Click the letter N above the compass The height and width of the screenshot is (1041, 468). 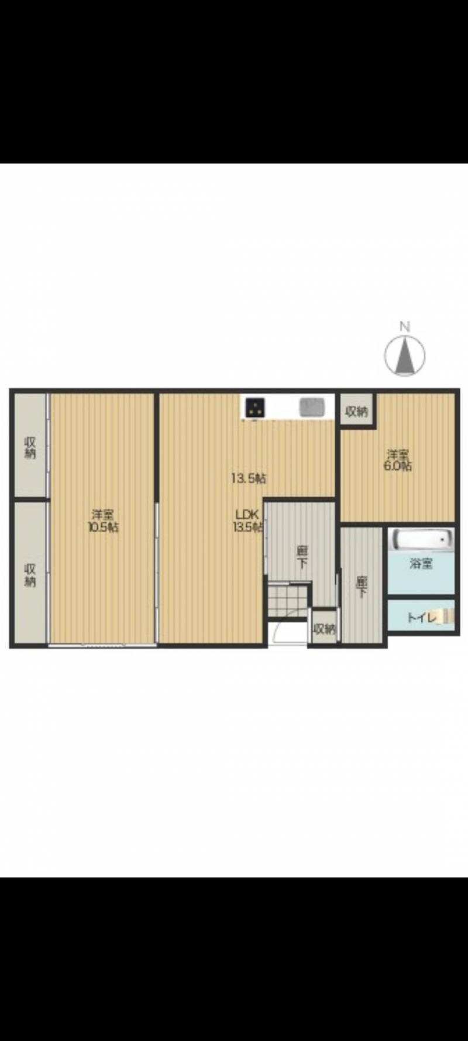pos(404,327)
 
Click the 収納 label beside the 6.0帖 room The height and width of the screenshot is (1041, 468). pos(356,412)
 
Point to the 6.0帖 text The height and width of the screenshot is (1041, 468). pos(397,466)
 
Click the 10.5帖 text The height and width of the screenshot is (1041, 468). pos(103,527)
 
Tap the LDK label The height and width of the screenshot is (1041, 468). pos(247,514)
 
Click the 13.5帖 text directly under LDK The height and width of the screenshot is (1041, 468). pos(248,526)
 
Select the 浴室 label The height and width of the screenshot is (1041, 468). pos(421,564)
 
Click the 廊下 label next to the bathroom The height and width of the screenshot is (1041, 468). pos(362,587)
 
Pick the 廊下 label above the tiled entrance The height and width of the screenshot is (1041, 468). pos(302,557)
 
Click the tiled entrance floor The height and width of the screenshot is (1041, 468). pos(288,598)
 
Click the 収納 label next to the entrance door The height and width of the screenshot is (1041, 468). pos(325,629)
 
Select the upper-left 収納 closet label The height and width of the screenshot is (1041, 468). pos(30,448)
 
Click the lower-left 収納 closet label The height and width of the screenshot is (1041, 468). pos(30,574)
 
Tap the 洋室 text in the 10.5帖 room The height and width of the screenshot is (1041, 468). pos(103,515)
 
